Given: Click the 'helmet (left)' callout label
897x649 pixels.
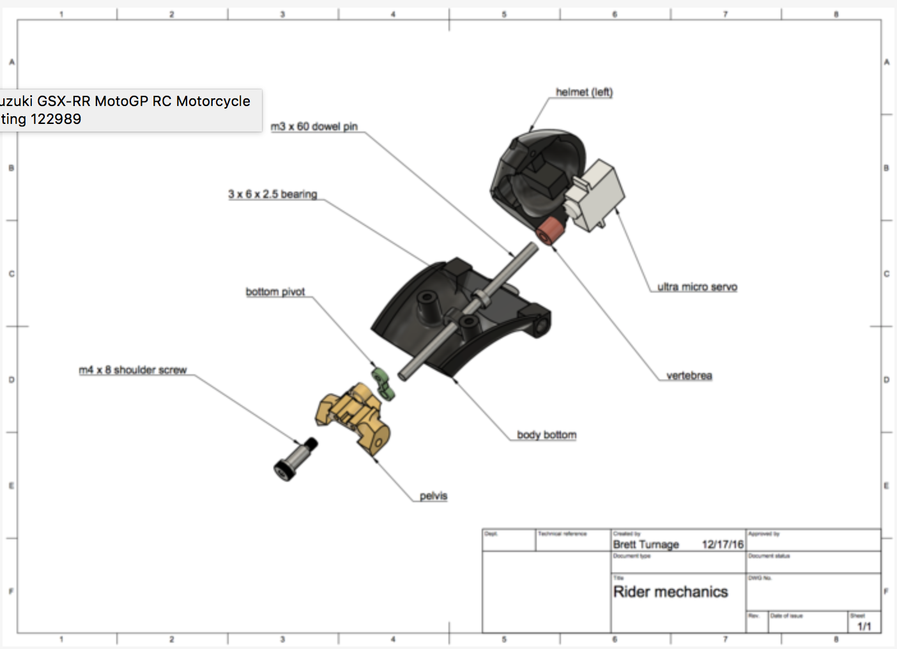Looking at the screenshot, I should (584, 92).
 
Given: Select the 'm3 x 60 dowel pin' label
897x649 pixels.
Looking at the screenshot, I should (314, 126).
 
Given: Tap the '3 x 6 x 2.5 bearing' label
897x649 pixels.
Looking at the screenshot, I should (272, 194).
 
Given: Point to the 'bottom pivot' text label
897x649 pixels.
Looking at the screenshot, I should (275, 292).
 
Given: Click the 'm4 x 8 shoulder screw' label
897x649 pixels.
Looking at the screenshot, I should (132, 370).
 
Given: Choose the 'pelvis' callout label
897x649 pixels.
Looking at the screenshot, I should (433, 496).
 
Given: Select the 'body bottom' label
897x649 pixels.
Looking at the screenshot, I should (546, 435).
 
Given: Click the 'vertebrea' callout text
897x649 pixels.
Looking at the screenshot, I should (689, 376).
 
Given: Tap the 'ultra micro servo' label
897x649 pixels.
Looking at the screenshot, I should (697, 287).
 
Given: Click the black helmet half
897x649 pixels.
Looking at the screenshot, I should (530, 172).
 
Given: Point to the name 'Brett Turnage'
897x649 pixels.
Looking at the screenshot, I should (645, 545).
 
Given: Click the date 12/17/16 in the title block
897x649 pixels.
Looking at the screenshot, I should (723, 545).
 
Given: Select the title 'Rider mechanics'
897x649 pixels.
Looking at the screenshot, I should (670, 592).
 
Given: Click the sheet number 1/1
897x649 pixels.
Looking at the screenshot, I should (864, 626).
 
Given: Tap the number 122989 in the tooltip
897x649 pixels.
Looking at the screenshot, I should (56, 119).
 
